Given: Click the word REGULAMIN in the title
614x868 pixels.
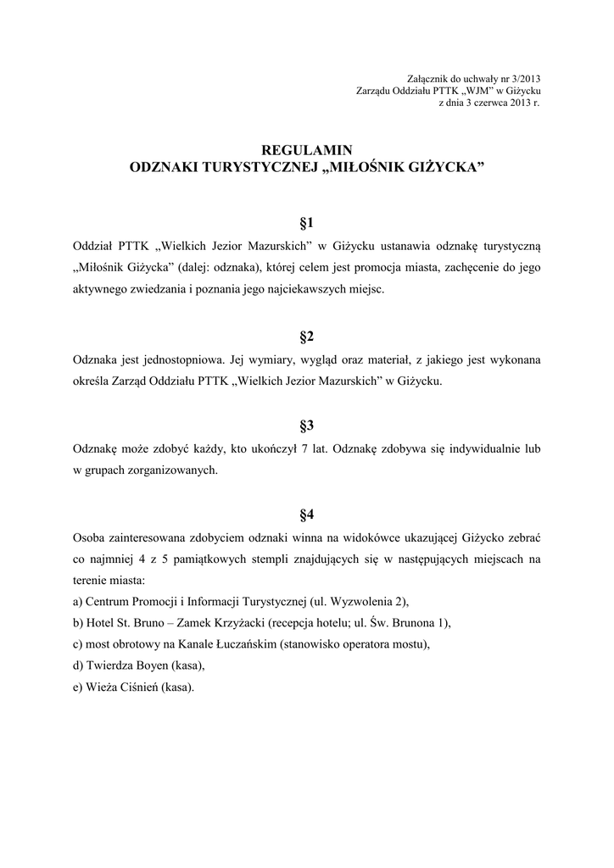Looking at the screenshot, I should click(x=306, y=150).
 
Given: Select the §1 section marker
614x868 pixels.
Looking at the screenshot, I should click(x=306, y=224).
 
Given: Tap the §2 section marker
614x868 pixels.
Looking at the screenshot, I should click(x=306, y=337).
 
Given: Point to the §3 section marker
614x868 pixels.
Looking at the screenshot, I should click(x=306, y=426).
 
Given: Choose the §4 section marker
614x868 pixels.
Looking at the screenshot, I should click(x=306, y=515).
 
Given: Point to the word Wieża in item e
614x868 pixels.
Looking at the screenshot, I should click(x=103, y=687).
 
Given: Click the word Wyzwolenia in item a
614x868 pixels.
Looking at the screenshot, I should click(x=363, y=602).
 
